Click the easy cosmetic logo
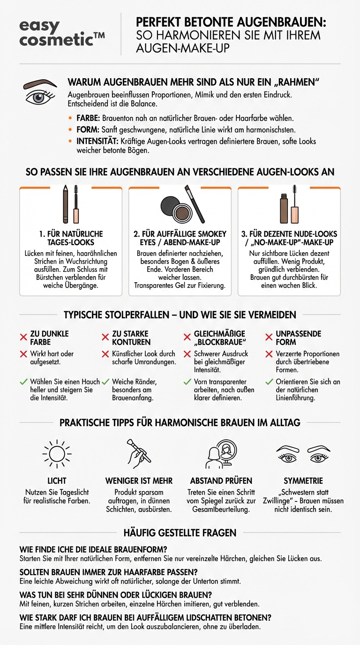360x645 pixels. (x=61, y=33)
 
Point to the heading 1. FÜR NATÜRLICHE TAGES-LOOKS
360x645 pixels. (x=71, y=238)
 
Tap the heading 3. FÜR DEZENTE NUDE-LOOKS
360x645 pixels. (x=289, y=238)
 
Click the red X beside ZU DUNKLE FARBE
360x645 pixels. (x=23, y=337)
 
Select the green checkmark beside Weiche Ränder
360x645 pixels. (x=105, y=382)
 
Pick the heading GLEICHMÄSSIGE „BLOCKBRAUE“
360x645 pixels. (x=219, y=337)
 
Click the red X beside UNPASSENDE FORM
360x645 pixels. (x=269, y=337)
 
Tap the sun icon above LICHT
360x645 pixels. (x=57, y=454)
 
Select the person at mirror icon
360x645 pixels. (x=221, y=454)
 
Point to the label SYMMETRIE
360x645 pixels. (x=303, y=480)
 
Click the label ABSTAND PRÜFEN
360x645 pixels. (x=221, y=480)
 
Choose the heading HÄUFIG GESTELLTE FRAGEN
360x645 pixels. (x=180, y=532)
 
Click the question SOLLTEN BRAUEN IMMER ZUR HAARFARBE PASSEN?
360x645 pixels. (x=109, y=572)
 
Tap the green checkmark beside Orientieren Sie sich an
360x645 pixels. (x=269, y=382)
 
